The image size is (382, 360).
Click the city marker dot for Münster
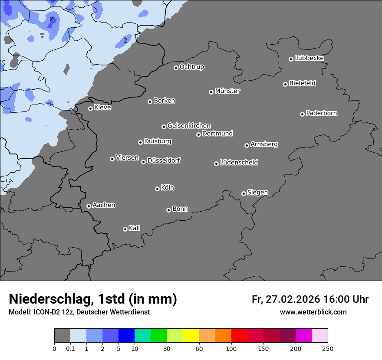click(x=211, y=92)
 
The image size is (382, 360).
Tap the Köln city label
click(x=168, y=188)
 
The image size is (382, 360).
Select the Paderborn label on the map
click(x=322, y=113)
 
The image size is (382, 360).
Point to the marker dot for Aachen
click(x=89, y=206)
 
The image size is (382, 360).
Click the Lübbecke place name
click(x=309, y=58)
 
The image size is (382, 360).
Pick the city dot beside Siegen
click(x=244, y=193)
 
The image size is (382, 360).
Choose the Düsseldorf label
click(x=164, y=160)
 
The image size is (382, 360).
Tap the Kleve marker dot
click(x=90, y=108)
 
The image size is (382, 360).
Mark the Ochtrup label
click(x=192, y=67)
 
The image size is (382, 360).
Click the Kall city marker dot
click(x=125, y=229)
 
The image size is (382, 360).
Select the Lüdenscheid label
click(x=239, y=163)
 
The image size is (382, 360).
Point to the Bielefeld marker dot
click(x=285, y=84)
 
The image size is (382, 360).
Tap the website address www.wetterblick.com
click(x=313, y=312)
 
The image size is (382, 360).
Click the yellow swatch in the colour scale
click(x=191, y=336)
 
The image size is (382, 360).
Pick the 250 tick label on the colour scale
click(x=328, y=348)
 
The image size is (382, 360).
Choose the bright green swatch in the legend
click(x=159, y=336)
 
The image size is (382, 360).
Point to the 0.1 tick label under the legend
click(x=70, y=348)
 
